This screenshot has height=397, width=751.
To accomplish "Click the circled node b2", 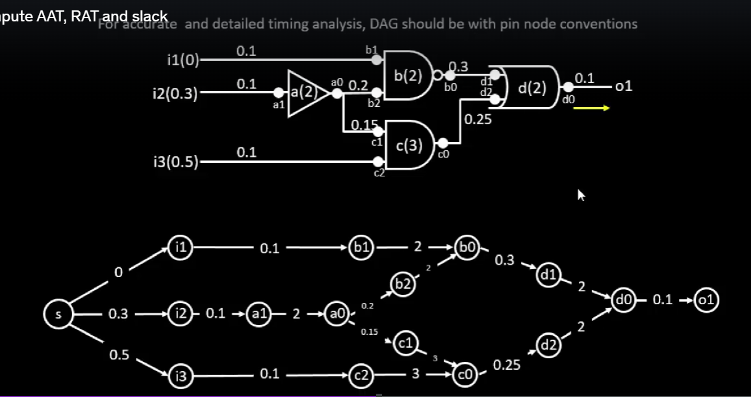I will click(402, 284).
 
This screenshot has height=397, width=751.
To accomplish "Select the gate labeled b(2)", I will click(408, 76).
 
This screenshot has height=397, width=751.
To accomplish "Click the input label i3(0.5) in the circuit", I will click(173, 162).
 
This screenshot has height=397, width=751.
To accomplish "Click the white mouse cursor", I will click(581, 195).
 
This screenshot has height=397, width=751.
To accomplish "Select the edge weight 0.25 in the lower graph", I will click(507, 365).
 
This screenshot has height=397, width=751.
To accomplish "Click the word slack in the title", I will click(149, 16).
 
